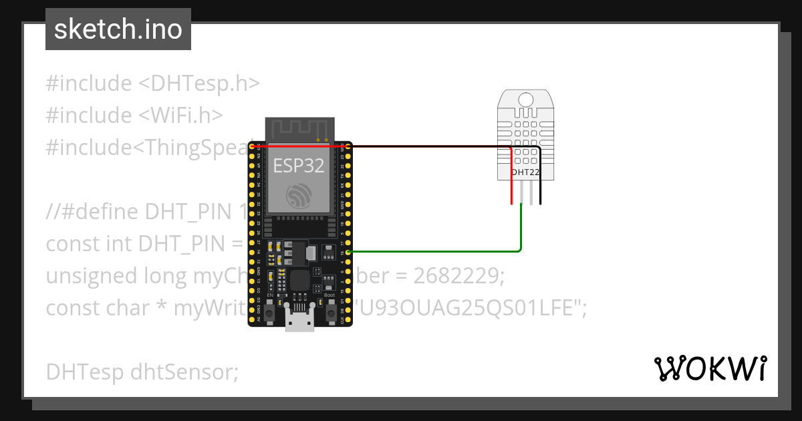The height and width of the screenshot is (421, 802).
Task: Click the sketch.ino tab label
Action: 118,29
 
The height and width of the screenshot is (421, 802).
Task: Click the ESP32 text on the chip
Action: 299,166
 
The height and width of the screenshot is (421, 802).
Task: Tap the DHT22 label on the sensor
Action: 525,172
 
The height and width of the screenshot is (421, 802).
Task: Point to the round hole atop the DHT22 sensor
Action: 526,100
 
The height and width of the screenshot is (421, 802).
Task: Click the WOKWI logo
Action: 710,369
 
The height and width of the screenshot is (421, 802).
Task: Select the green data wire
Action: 521,231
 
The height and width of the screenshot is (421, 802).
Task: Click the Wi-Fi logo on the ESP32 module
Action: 298,196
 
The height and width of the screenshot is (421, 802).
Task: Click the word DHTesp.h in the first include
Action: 199,84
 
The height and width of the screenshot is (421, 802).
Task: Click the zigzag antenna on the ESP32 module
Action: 299,129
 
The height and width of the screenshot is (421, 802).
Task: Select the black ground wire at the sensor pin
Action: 541,194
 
